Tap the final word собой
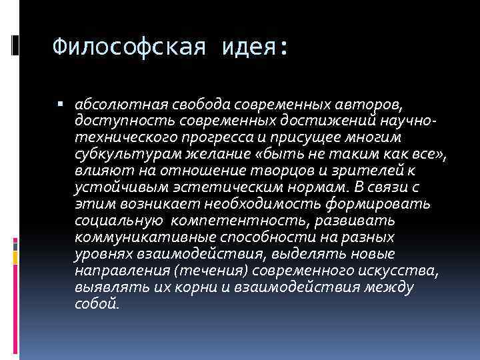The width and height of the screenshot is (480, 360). coord(97,304)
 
